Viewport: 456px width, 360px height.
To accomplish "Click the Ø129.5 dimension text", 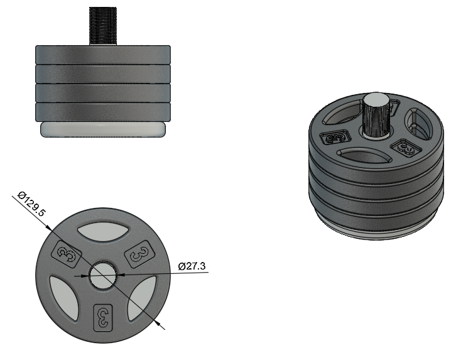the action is (31, 204).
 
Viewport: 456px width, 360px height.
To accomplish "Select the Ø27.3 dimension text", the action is (192, 266).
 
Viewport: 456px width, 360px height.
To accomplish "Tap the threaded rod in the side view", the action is (103, 26).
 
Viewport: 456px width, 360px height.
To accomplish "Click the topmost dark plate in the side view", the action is (103, 55).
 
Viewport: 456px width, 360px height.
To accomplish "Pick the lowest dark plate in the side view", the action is (103, 112).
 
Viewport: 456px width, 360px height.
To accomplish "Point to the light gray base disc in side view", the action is (103, 129).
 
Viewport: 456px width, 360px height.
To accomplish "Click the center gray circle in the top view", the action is (103, 275).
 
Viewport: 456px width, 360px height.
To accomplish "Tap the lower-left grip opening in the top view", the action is (65, 297).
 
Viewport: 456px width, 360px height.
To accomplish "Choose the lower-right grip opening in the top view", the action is (141, 297).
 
